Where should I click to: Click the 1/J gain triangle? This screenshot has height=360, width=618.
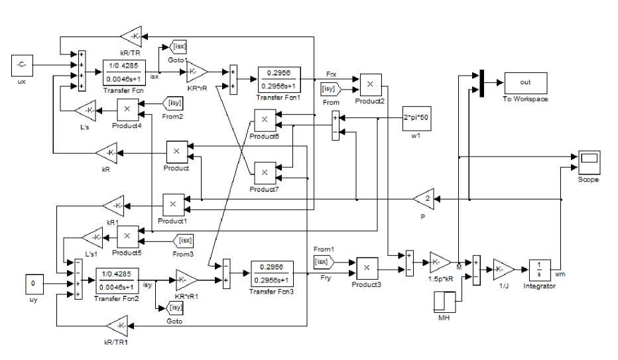pyautogui.click(x=503, y=269)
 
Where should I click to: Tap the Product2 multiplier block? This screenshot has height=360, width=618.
pyautogui.click(x=371, y=84)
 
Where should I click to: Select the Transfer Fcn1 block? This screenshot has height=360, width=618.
pyautogui.click(x=278, y=78)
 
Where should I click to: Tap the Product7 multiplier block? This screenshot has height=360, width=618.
pyautogui.click(x=263, y=172)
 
